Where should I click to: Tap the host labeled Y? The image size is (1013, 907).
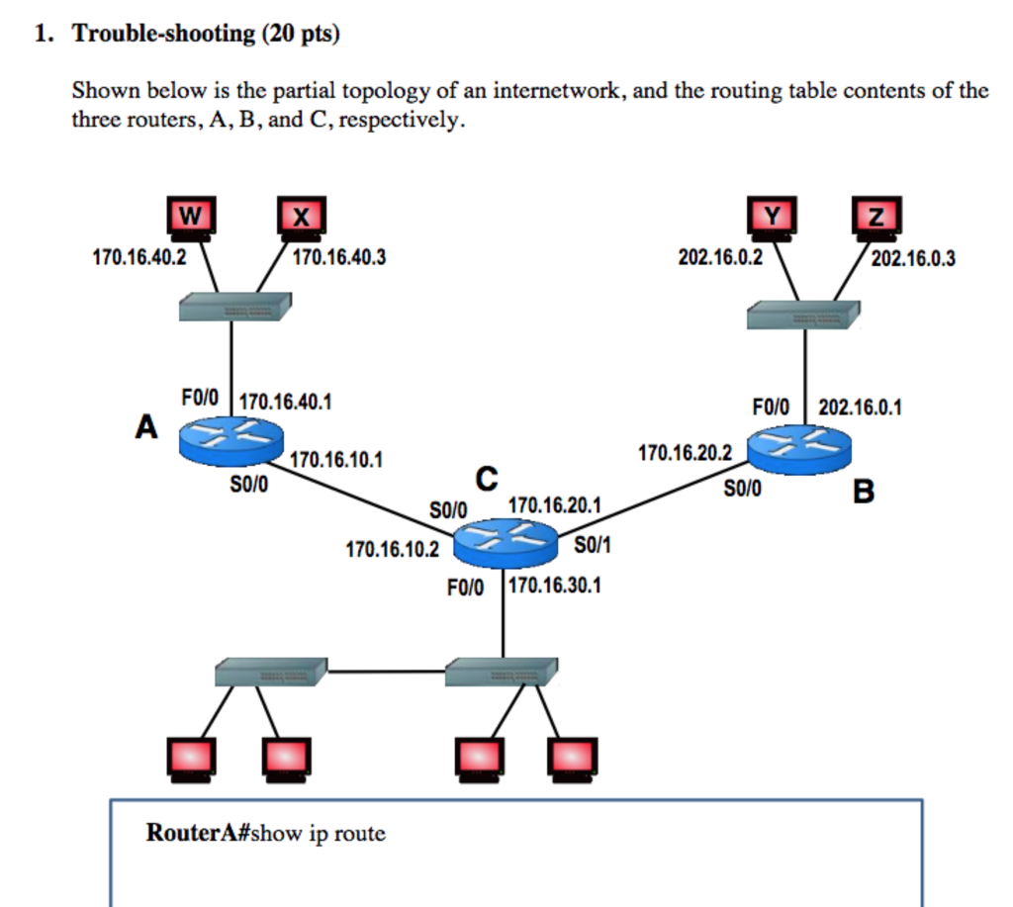pos(772,219)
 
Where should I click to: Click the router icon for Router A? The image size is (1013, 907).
pos(230,437)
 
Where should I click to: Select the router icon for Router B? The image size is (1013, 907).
pos(798,448)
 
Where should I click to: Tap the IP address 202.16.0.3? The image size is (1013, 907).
pos(914,259)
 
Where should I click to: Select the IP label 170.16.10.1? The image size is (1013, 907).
pos(337,461)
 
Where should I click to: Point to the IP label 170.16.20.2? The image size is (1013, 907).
pos(685,453)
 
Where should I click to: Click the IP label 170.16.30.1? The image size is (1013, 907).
pos(554,587)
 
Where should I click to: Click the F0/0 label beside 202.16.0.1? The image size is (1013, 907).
pos(772,407)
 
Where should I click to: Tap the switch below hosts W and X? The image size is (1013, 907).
pos(234,307)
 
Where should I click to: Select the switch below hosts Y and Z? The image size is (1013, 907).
pos(802,316)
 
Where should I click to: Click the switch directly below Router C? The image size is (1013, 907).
pos(500,672)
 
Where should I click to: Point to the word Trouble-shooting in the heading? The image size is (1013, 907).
pos(163,35)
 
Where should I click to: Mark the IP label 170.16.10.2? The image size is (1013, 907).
pos(392,548)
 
